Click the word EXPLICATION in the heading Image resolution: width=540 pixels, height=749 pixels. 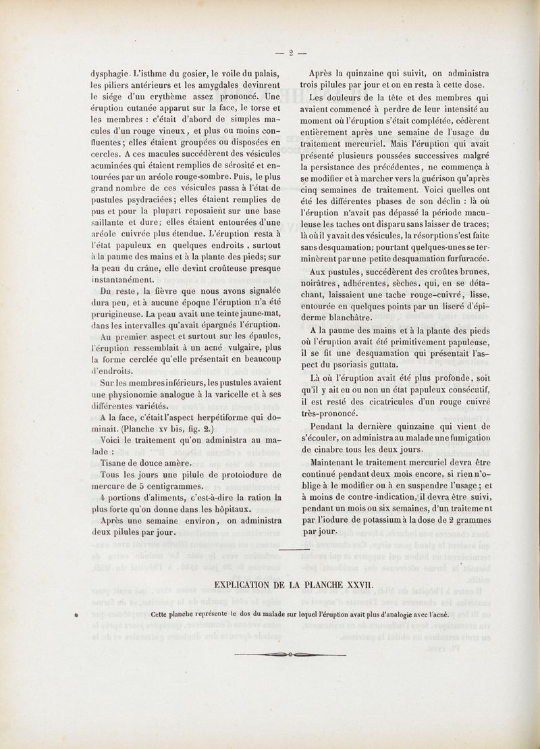pyautogui.click(x=246, y=584)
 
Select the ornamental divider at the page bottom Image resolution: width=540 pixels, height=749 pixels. pyautogui.click(x=290, y=654)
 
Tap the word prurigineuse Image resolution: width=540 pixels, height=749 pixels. pyautogui.click(x=119, y=314)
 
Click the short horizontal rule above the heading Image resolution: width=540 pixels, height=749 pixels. pyautogui.click(x=294, y=550)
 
